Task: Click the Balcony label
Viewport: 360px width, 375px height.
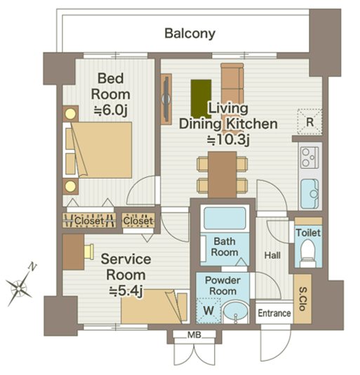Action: (189, 34)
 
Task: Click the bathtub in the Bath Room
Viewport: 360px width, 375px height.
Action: (225, 218)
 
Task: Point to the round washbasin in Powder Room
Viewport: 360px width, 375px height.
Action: (236, 312)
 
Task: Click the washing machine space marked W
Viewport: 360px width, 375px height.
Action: (208, 311)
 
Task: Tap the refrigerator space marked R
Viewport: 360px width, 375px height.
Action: (309, 122)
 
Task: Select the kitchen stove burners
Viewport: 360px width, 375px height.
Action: (309, 157)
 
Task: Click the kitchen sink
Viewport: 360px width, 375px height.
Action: (309, 193)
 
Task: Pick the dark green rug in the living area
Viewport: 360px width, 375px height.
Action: (201, 99)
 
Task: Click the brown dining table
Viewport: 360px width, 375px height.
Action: (222, 175)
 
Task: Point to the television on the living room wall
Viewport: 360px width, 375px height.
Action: (166, 99)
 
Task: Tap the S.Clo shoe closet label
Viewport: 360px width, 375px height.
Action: (302, 299)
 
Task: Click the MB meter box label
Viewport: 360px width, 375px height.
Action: (194, 335)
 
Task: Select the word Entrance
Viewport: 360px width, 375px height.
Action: (274, 313)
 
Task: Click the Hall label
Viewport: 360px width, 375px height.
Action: (272, 255)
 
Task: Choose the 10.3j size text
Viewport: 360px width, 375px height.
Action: (228, 140)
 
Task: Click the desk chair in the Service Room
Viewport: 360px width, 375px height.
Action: (89, 252)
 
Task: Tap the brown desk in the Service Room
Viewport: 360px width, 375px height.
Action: (73, 252)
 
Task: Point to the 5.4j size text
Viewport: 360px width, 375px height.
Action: (126, 291)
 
